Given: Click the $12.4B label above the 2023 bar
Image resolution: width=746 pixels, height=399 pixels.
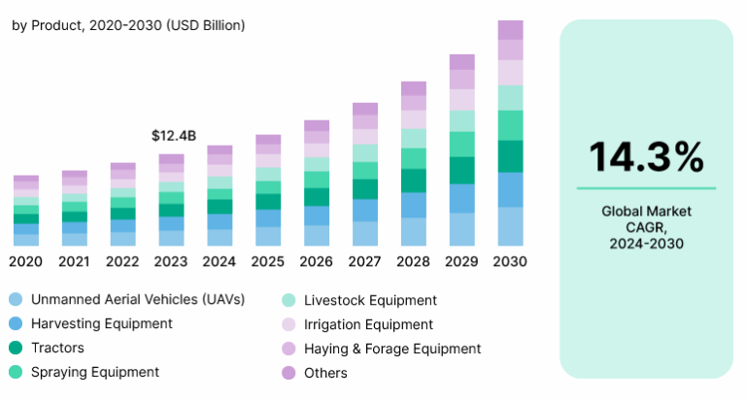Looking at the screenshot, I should pyautogui.click(x=174, y=136).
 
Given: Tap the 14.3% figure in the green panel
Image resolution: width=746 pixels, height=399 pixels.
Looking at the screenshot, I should pyautogui.click(x=646, y=156).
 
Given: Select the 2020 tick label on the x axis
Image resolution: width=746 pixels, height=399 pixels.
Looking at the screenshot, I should pyautogui.click(x=25, y=261).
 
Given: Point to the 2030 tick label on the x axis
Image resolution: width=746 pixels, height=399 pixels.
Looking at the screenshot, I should pyautogui.click(x=510, y=261).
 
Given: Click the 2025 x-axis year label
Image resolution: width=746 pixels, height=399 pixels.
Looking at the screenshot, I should pyautogui.click(x=268, y=261).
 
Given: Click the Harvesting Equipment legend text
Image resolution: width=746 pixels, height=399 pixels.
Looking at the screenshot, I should pyautogui.click(x=101, y=323).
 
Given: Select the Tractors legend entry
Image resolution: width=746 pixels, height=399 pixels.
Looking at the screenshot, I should pyautogui.click(x=57, y=348).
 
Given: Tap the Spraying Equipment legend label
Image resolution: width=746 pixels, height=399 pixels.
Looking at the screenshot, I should pyautogui.click(x=94, y=372).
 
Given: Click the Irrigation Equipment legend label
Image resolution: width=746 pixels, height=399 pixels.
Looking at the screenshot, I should pyautogui.click(x=369, y=324).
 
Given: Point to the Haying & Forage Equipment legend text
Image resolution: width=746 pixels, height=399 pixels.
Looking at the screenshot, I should pyautogui.click(x=392, y=348).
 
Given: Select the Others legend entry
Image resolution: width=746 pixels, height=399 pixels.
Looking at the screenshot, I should pyautogui.click(x=324, y=372).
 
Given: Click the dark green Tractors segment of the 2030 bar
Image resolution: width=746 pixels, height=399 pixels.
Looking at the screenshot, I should pyautogui.click(x=510, y=156).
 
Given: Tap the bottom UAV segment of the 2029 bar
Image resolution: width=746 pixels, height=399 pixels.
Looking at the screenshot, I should pyautogui.click(x=461, y=229).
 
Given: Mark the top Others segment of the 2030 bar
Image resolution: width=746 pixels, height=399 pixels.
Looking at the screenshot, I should pyautogui.click(x=510, y=29).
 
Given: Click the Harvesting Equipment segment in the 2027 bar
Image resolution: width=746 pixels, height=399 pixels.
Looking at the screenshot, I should pyautogui.click(x=365, y=210).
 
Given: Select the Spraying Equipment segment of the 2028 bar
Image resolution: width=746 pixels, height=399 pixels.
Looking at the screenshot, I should pyautogui.click(x=414, y=158).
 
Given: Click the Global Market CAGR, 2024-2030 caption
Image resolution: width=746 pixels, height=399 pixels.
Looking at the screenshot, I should pyautogui.click(x=646, y=226).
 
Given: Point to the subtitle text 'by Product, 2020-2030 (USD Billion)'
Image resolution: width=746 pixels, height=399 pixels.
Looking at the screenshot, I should pyautogui.click(x=128, y=24).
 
